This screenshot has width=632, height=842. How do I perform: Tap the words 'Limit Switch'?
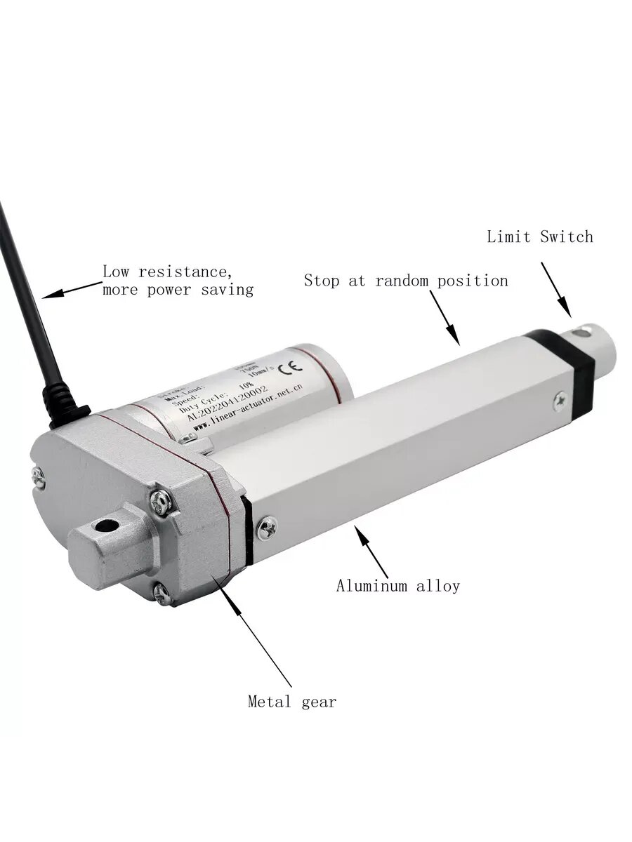(540, 236)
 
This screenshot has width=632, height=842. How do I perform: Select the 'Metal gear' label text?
(292, 701)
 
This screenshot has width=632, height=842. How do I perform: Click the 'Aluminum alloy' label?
(397, 585)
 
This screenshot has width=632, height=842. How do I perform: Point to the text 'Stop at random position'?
(406, 281)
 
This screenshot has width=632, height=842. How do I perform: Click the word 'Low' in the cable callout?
(117, 272)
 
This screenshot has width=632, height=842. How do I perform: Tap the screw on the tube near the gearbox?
(267, 528)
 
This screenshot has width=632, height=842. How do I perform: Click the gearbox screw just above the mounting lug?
(162, 501)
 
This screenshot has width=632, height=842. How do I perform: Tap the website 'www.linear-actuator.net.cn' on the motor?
(247, 408)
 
